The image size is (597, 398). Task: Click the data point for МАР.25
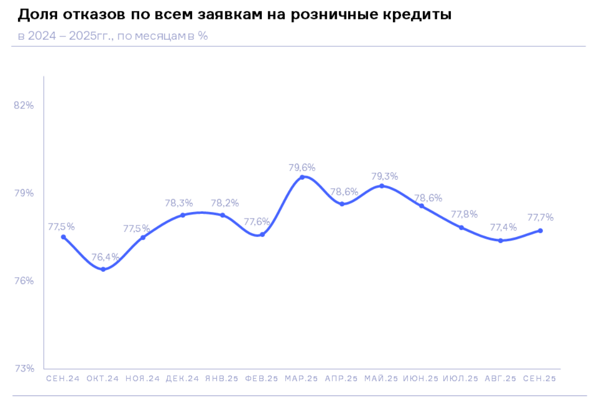tap(302, 177)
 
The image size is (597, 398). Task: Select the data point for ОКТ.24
tap(103, 269)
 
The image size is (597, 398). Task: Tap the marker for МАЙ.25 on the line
tap(382, 186)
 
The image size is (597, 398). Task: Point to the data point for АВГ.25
tap(500, 241)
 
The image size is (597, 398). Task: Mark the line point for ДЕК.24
tap(183, 215)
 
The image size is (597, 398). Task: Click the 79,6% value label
tap(302, 167)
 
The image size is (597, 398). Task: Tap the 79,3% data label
tap(385, 176)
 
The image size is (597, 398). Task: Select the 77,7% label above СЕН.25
tap(540, 217)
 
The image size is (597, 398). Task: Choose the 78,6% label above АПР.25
tap(344, 192)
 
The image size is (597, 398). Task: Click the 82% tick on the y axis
tap(24, 105)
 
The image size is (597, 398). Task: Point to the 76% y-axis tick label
tap(24, 281)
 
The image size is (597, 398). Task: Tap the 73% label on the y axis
tap(24, 369)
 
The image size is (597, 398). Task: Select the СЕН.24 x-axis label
tap(63, 379)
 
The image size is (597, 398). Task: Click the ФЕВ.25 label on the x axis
tap(262, 379)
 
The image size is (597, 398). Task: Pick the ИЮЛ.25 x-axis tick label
tap(461, 379)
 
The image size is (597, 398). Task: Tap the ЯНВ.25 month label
tap(222, 379)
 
